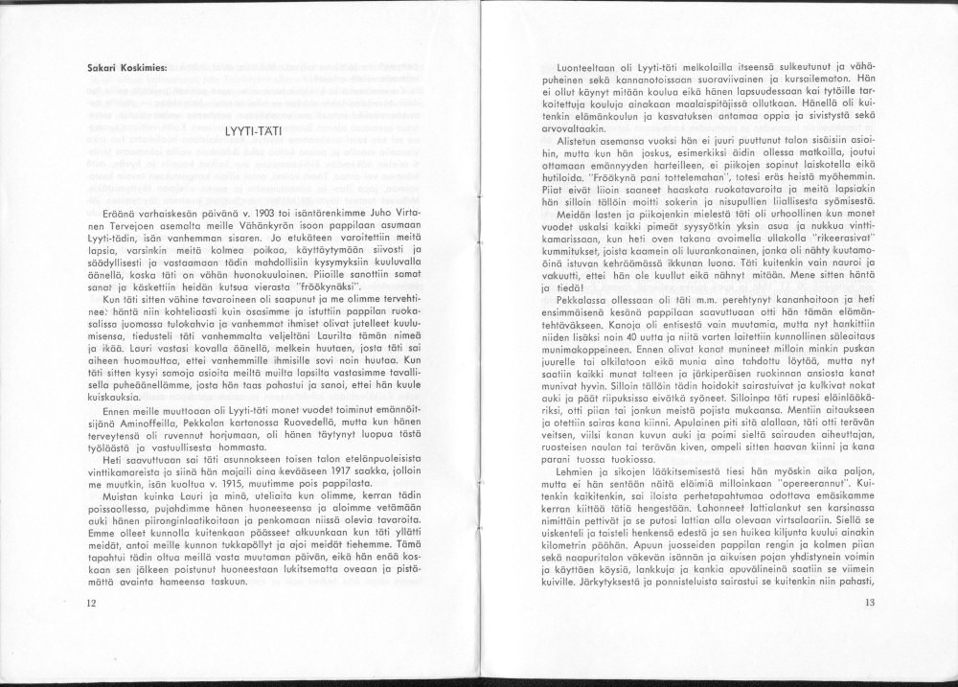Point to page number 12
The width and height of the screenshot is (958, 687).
(91, 603)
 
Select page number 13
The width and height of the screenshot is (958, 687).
(870, 603)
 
